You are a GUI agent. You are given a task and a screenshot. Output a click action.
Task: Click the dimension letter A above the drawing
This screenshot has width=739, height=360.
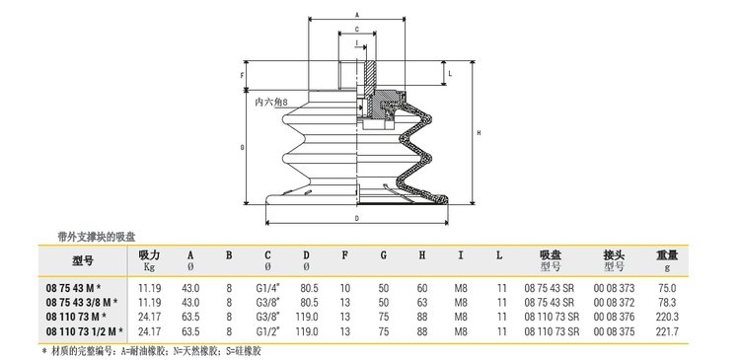pyautogui.click(x=357, y=15)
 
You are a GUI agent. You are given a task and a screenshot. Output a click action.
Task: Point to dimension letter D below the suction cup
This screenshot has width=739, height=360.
pyautogui.click(x=357, y=218)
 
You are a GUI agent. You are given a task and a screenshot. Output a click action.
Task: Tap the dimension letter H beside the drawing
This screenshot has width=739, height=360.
pyautogui.click(x=479, y=133)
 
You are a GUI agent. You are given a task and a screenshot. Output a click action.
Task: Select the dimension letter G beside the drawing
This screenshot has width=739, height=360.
pyautogui.click(x=242, y=148)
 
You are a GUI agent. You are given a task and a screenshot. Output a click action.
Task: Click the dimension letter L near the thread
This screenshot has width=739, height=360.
pyautogui.click(x=450, y=74)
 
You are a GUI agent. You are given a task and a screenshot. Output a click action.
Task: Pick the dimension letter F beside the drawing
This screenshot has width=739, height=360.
pyautogui.click(x=243, y=75)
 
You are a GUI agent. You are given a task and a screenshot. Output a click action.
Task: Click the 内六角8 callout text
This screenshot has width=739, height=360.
pyautogui.click(x=271, y=102)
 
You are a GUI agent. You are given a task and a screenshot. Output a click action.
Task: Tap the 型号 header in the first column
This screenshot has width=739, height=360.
pyautogui.click(x=83, y=260)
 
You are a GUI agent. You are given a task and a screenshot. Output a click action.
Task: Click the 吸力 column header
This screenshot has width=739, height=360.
pyautogui.click(x=149, y=255)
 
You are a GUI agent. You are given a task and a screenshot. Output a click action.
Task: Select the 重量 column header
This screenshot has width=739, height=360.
pyautogui.click(x=667, y=255)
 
